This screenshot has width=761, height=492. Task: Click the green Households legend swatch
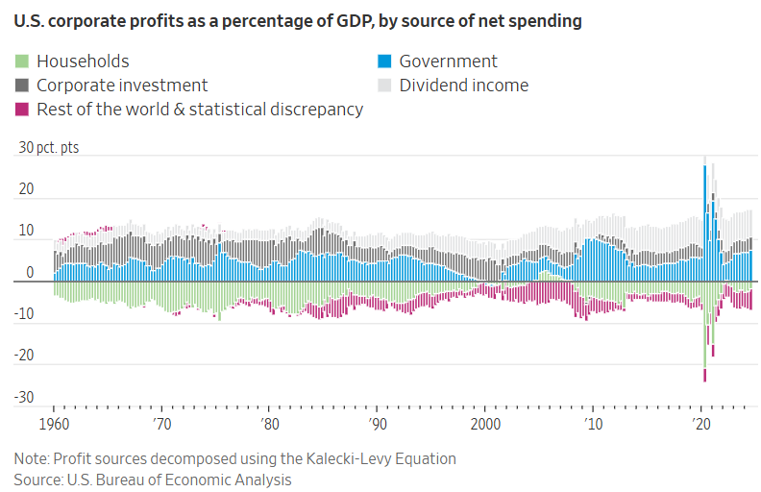22,61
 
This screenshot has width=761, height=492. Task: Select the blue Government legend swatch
385,61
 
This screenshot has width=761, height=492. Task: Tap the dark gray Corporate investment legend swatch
22,86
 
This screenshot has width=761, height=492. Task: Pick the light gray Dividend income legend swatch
385,86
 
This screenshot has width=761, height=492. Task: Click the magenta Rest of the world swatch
22,110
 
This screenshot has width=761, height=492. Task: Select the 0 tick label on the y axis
30,273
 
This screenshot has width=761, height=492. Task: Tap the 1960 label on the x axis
52,424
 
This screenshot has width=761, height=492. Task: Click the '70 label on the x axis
162,424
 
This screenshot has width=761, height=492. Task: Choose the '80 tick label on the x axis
270,424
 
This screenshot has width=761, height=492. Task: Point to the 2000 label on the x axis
486,424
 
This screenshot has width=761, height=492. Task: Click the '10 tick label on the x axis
594,424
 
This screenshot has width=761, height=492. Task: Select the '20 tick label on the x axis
701,424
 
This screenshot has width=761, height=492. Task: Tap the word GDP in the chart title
342,20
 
